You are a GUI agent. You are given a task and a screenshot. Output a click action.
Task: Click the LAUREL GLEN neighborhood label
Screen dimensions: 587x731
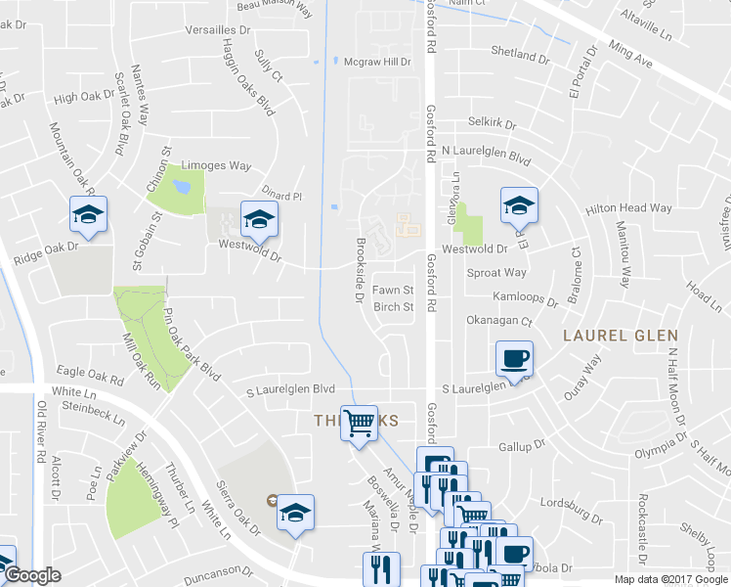click(620, 336)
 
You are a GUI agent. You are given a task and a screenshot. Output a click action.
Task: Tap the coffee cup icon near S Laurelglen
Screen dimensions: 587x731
click(514, 358)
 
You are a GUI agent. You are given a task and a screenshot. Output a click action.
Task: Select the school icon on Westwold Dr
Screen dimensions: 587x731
click(259, 220)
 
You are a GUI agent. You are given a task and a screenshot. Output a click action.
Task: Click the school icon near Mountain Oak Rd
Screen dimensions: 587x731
click(88, 215)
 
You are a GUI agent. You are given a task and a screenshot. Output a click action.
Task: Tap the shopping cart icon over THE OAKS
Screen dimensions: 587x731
click(360, 423)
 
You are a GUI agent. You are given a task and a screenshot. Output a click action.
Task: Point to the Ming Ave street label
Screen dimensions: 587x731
click(629, 54)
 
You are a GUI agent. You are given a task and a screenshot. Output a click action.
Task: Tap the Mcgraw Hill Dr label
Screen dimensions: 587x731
click(377, 61)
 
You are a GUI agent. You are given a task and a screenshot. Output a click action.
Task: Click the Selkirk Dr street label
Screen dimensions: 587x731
click(492, 122)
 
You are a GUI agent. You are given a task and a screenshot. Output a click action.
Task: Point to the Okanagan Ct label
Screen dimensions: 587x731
click(499, 320)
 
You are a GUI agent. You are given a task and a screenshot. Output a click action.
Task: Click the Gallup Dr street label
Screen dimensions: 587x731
click(521, 446)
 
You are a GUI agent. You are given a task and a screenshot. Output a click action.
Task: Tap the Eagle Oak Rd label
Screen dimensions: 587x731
click(91, 372)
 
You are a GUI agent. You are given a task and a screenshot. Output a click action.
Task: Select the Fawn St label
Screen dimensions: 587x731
click(394, 291)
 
